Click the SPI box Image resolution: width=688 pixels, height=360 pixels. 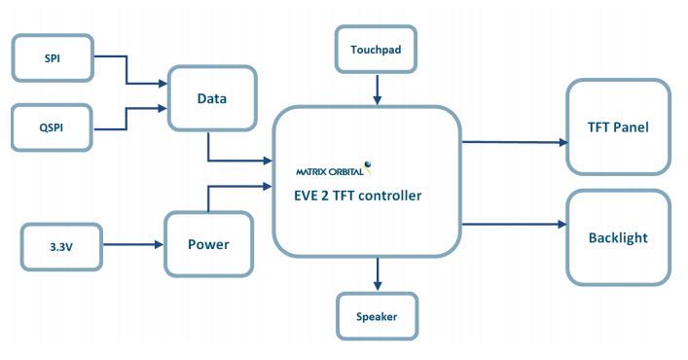pyautogui.click(x=52, y=58)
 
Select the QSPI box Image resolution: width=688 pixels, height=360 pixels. pyautogui.click(x=52, y=128)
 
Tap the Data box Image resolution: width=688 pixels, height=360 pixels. pyautogui.click(x=212, y=99)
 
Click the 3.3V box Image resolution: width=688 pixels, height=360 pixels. pyautogui.click(x=60, y=246)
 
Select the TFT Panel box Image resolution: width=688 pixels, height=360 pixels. pyautogui.click(x=618, y=127)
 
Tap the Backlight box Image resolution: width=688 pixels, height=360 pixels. pyautogui.click(x=618, y=237)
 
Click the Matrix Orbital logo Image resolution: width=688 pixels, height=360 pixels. pyautogui.click(x=334, y=170)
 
